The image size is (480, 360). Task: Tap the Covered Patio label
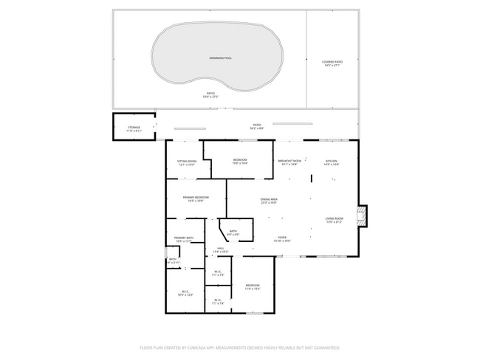[x=333, y=62]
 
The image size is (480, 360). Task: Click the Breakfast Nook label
[x=289, y=161]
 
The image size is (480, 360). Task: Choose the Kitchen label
[x=332, y=161]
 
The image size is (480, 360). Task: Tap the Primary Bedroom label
[x=191, y=198]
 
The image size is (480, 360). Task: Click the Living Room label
[x=335, y=218]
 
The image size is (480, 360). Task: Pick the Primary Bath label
[x=183, y=238]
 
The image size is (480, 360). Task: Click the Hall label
[x=220, y=249]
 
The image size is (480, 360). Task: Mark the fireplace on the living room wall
[x=361, y=215]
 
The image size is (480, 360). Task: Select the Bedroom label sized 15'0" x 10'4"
[x=240, y=161]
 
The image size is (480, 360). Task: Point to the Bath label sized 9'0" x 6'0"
[x=233, y=233]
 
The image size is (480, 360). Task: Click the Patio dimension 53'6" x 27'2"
[x=210, y=97]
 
